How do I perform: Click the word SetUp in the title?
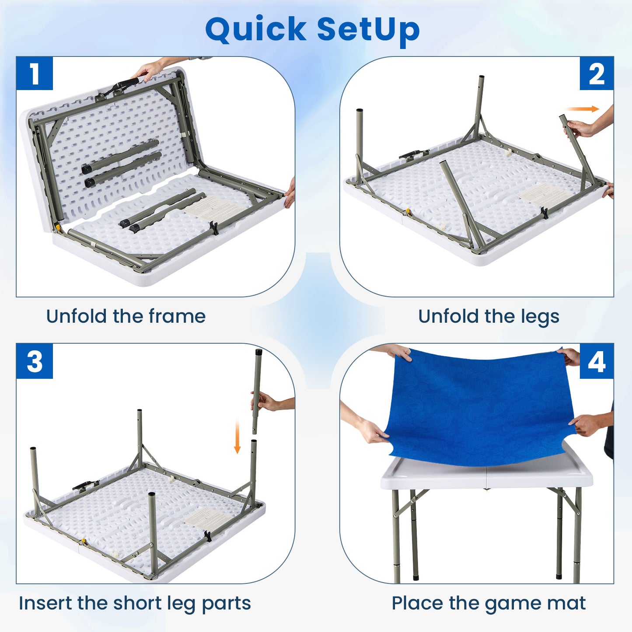pos(368,30)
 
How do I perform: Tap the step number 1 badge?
pos(35,73)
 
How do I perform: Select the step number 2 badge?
pos(597,73)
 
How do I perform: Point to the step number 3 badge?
pos(35,361)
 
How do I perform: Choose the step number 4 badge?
pos(597,361)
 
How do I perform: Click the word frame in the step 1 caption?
pos(177,316)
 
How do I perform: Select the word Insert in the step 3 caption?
pos(45,603)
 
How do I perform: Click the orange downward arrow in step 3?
pos(237,436)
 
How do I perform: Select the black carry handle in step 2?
pos(413,154)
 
